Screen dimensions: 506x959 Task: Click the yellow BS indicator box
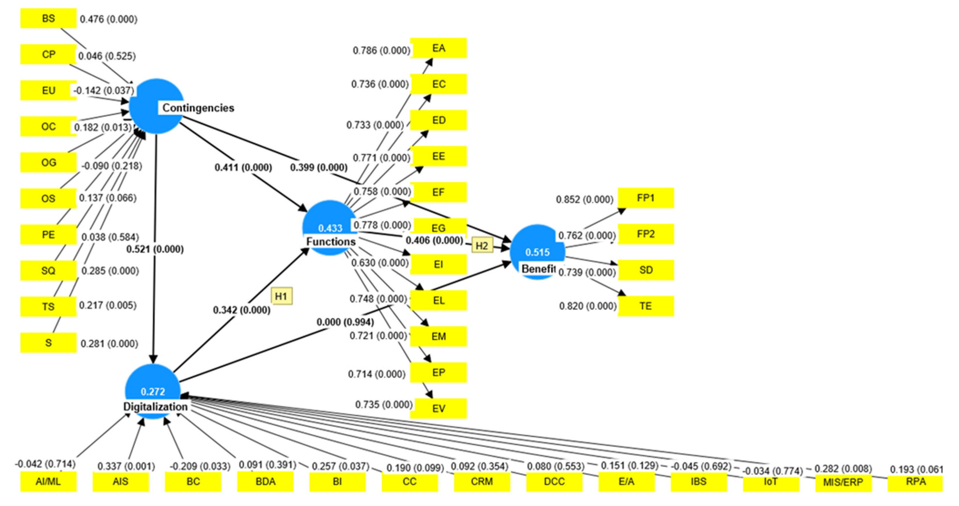click(49, 18)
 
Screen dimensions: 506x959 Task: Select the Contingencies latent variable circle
click(156, 106)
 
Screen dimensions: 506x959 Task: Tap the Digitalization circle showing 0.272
click(153, 391)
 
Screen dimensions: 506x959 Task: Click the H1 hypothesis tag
click(281, 296)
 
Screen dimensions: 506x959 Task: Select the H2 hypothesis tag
click(482, 246)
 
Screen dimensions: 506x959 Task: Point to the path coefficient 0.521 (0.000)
click(155, 249)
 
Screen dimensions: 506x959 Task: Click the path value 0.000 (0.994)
click(345, 322)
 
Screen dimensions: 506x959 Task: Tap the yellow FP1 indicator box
click(646, 198)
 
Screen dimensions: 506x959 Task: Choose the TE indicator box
click(646, 306)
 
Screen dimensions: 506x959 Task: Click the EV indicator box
click(439, 408)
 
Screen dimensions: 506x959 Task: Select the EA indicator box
click(439, 48)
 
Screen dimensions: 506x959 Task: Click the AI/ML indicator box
click(49, 481)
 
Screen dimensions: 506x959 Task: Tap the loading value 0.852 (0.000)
click(584, 199)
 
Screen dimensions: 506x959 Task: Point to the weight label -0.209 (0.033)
click(200, 466)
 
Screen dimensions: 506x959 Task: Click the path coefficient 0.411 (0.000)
click(243, 167)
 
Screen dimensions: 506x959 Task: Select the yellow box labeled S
click(49, 343)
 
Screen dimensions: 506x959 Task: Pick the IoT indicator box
click(771, 482)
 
